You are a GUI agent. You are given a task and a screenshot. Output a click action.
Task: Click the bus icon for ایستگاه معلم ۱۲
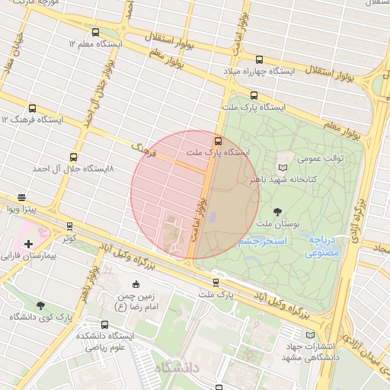pos(95,33)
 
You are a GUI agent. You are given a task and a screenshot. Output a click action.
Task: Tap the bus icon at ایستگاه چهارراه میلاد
pos(259,59)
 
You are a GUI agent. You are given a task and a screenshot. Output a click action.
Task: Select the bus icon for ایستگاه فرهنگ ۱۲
pos(31,108)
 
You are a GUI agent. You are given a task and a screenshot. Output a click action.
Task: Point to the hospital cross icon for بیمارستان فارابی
pos(28,244)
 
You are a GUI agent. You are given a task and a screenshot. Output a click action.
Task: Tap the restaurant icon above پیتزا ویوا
pos(21,196)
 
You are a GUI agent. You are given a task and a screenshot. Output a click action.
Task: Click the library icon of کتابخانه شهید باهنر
pos(283,166)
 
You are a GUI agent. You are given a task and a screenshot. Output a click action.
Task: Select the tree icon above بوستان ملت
pos(275,211)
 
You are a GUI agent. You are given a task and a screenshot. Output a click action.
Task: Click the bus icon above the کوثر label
pos(70,226)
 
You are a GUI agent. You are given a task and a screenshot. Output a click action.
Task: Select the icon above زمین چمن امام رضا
pos(136,284)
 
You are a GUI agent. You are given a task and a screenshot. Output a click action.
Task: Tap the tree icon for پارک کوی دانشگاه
pos(40,305)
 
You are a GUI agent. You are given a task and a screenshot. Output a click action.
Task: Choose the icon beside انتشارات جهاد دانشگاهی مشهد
pos(309,334)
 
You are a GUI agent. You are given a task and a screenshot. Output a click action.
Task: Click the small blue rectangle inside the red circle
pos(213,218)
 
